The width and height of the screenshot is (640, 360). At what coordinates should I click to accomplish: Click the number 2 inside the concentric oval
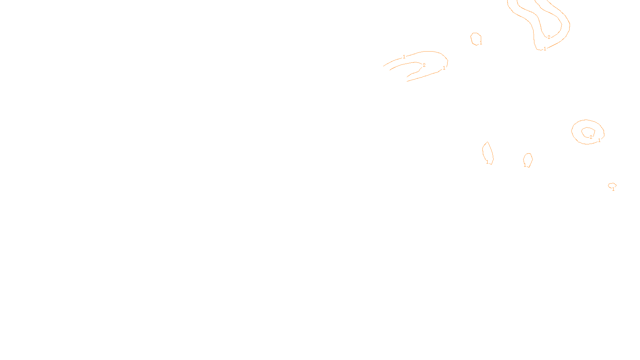pos(591,137)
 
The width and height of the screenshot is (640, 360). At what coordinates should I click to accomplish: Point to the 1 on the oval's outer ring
pos(599,140)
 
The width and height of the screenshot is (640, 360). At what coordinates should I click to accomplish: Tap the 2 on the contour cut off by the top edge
pos(549,37)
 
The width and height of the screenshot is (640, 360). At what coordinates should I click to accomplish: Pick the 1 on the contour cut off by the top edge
pos(545,49)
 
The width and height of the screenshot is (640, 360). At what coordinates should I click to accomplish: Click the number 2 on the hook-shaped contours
pos(424,65)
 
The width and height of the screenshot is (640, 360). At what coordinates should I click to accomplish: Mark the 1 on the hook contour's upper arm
pos(404,57)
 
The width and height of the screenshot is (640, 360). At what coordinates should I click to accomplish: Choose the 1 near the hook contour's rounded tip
pos(444,68)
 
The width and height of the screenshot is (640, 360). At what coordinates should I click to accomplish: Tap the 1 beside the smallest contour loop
pos(613,189)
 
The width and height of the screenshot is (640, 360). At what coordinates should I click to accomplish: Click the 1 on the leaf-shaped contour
pos(487,162)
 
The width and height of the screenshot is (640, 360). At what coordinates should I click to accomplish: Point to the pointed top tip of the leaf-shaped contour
pos(487,142)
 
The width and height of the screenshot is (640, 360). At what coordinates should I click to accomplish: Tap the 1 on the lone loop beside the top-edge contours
pos(481,42)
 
